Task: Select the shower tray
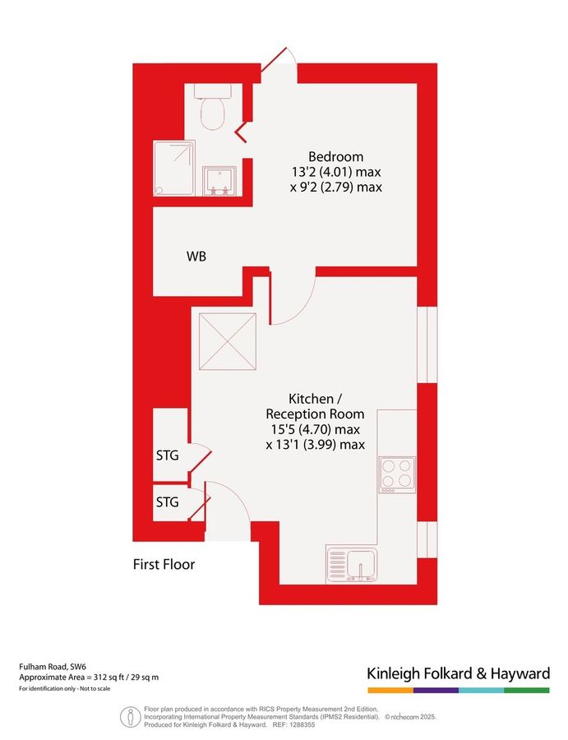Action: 174,168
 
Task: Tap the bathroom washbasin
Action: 219,183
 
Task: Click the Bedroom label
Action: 335,157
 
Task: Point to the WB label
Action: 196,257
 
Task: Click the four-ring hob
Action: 397,474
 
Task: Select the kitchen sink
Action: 352,564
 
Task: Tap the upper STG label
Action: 168,454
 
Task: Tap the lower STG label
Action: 168,502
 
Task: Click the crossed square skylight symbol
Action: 224,342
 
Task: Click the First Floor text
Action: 164,565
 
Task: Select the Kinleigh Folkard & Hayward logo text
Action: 458,673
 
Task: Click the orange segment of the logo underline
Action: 390,690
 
